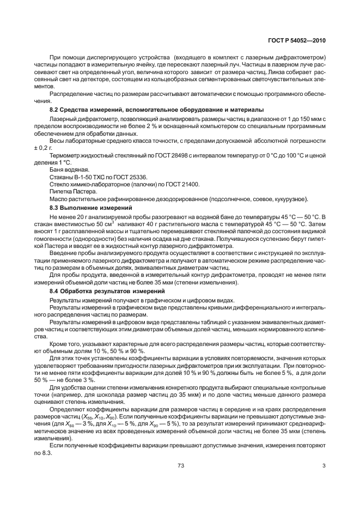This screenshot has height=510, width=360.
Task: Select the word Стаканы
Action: [62, 177]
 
